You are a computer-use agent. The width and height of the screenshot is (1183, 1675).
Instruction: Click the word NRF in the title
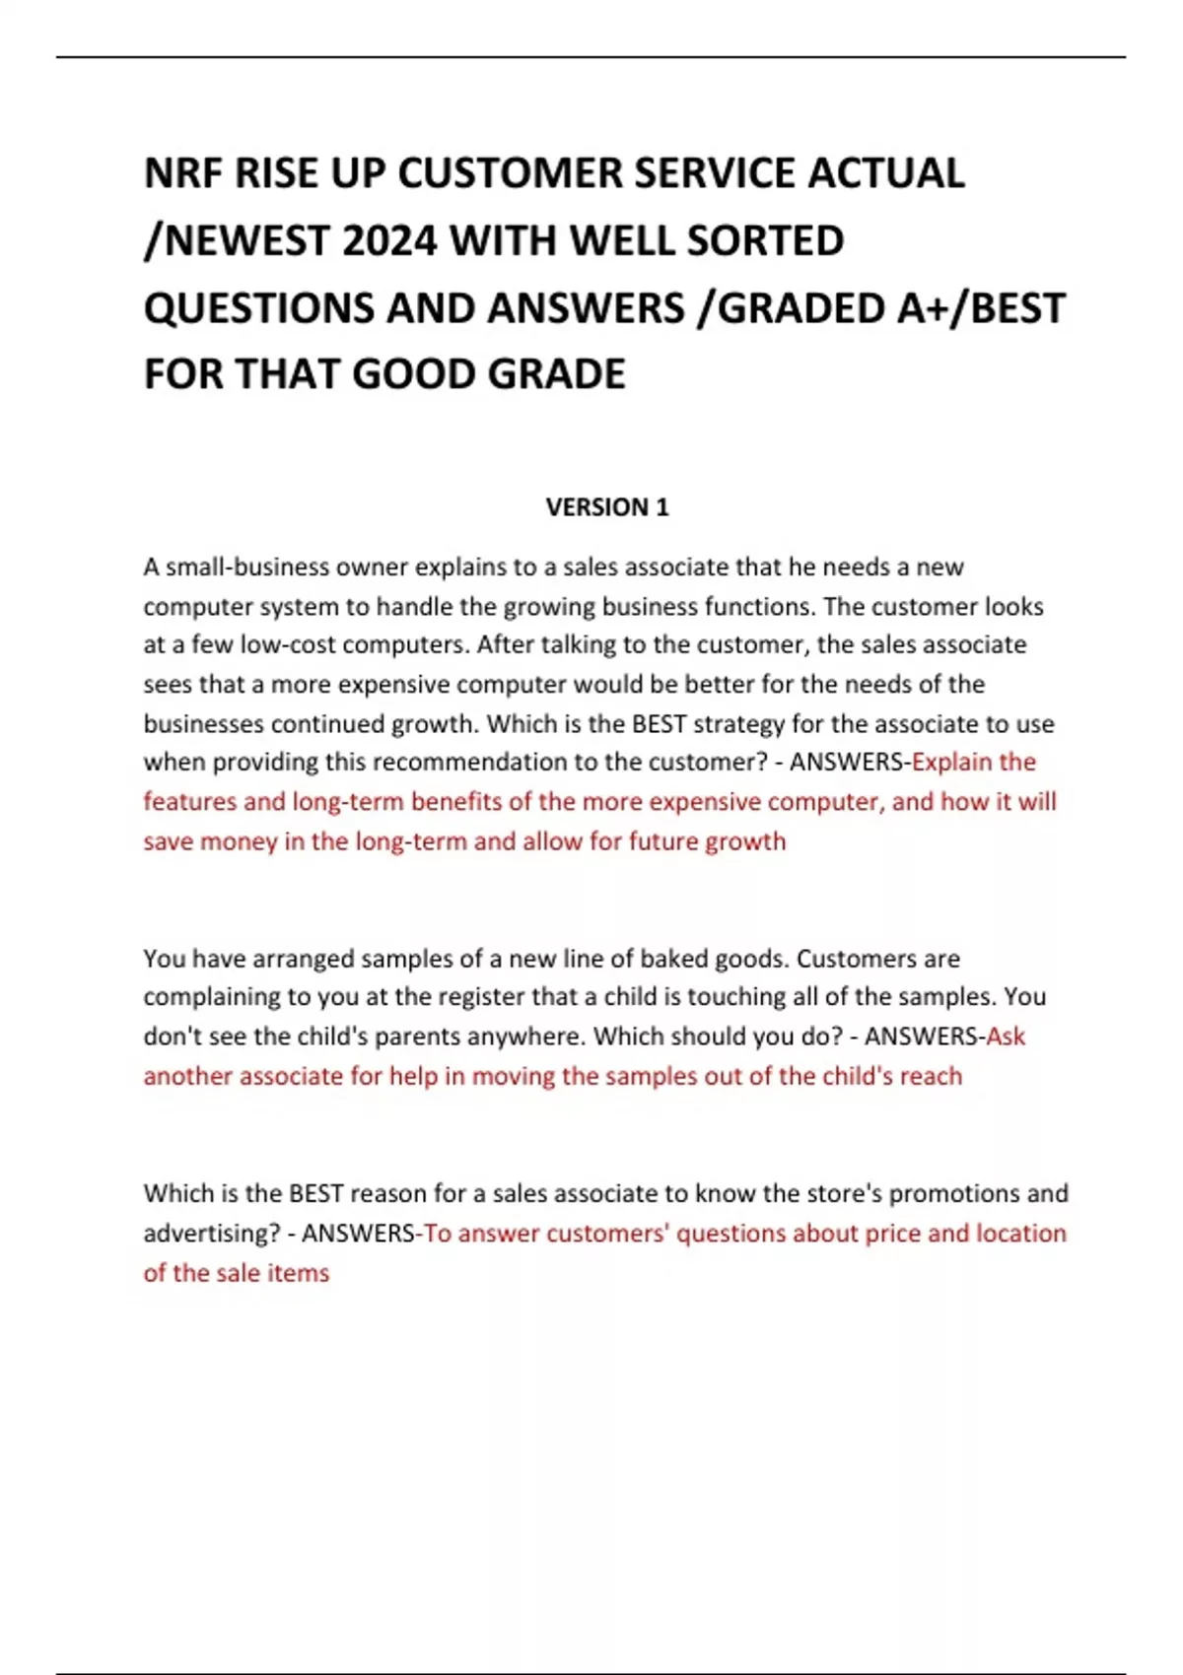coord(182,173)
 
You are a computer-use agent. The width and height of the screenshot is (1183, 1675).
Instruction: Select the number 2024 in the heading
coord(388,240)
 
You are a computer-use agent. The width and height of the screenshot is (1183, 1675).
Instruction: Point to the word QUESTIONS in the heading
coord(259,307)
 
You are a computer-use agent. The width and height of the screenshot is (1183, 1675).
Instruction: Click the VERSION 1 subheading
coord(607,507)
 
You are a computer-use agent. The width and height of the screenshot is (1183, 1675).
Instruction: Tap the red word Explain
coord(952,763)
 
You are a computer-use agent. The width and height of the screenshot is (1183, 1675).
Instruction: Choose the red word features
coord(189,802)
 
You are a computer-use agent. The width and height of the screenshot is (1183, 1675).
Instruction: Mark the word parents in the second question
coord(413,1037)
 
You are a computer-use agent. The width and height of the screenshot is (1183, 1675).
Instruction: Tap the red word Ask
coord(1006,1037)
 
